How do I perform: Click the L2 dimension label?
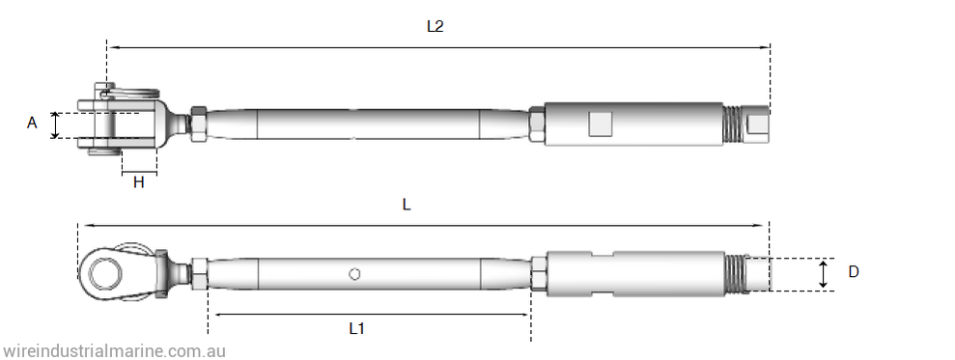click(435, 26)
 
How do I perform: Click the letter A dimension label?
click(32, 123)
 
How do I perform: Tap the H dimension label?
click(139, 182)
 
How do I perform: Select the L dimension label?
click(407, 205)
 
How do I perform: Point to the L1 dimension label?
click(357, 328)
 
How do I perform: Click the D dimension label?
click(854, 272)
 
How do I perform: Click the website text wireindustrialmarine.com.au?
click(114, 351)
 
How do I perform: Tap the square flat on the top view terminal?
click(600, 124)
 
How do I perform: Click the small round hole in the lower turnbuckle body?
click(354, 274)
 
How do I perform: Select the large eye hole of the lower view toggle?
click(101, 272)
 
